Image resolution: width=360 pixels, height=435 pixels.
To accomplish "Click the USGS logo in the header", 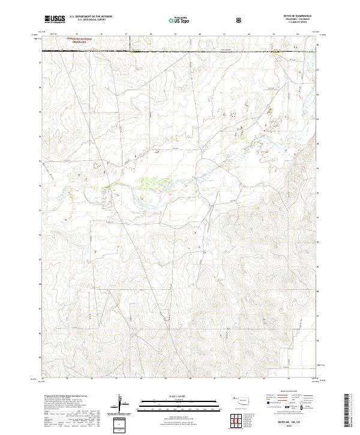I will click(55, 19).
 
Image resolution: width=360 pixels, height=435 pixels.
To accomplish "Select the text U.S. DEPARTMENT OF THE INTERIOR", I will click(91, 16).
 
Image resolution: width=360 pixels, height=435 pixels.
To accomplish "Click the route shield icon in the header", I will click(240, 19).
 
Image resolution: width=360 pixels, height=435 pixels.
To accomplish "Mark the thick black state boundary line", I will click(180, 52).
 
